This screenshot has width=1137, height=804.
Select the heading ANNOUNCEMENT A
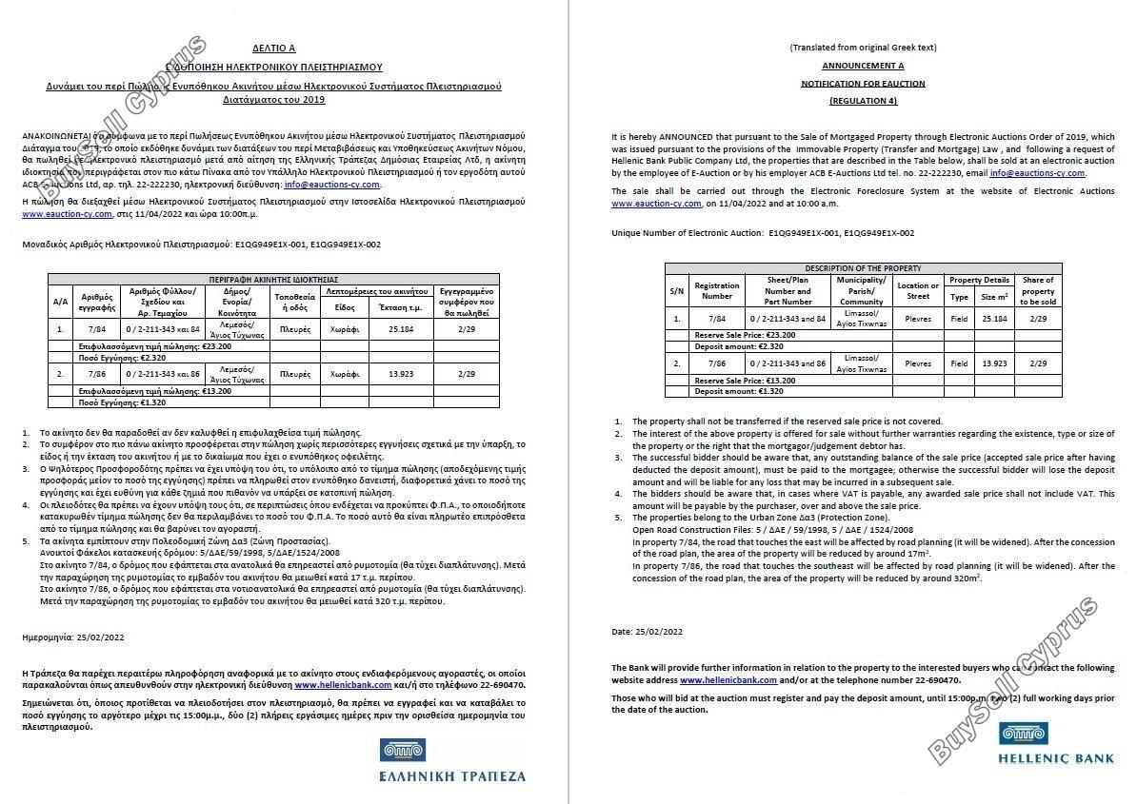coord(863,66)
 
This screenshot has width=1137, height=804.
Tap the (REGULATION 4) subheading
coord(863,100)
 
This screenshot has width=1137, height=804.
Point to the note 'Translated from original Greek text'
coord(863,48)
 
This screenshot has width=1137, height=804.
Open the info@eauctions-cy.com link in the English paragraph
coord(1037,173)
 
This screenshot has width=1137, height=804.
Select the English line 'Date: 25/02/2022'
coord(648,631)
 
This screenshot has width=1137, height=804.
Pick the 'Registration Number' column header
coord(717,290)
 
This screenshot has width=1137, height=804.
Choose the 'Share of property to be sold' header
coord(1038,290)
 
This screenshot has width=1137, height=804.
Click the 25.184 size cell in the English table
coord(994,320)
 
